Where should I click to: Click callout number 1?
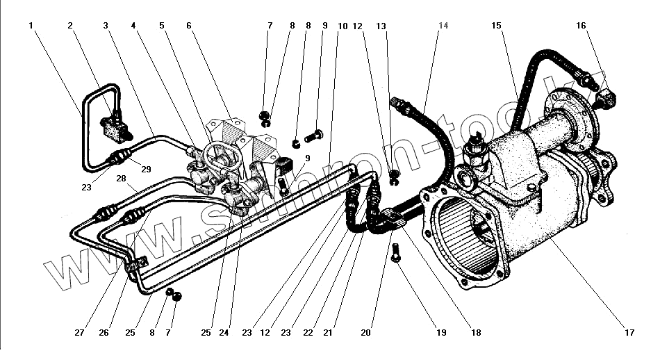pos(32,26)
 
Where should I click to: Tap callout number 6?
pos(188,26)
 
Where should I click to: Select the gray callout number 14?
pos(443,26)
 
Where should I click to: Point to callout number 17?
pos(629,333)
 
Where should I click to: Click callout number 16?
pos(581,26)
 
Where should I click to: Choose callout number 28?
pos(122,179)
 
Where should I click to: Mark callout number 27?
pos(79,333)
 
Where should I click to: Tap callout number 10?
pos(343,26)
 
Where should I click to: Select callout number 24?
pos(224,333)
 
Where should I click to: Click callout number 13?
pos(381,26)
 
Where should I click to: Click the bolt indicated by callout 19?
pos(395,252)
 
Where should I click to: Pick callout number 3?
pos(106,26)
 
